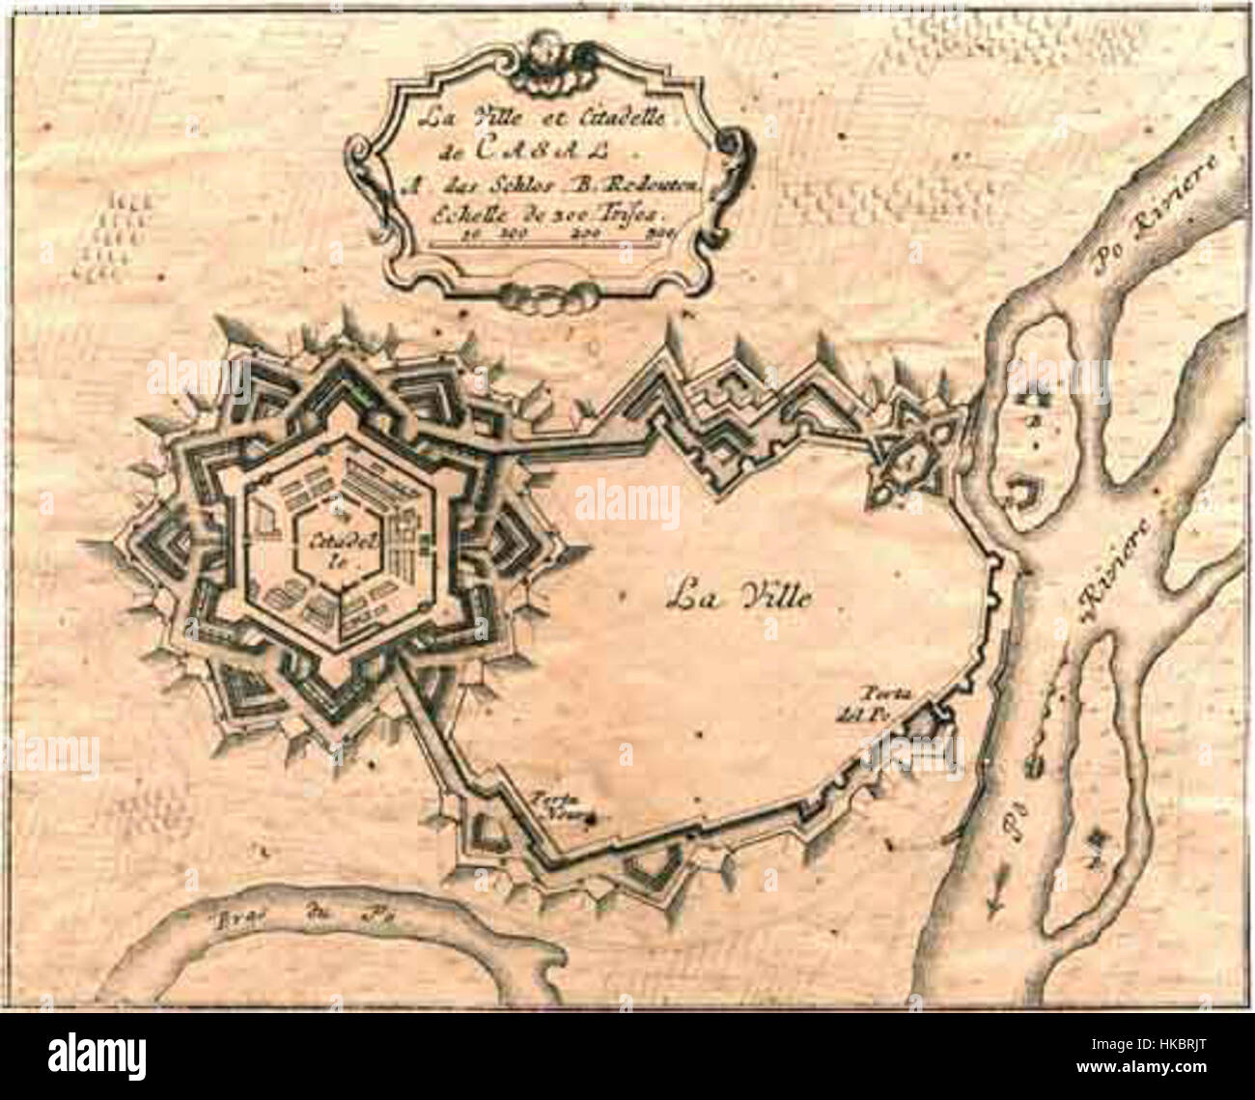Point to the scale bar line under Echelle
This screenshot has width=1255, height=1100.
(x=544, y=242)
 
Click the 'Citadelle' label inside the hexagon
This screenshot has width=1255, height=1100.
(x=325, y=550)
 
